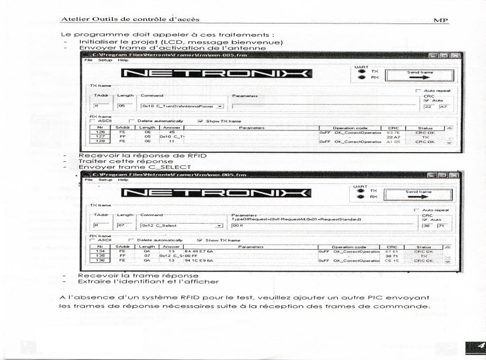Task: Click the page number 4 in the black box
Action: pyautogui.click(x=478, y=346)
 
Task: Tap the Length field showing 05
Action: pyautogui.click(x=124, y=106)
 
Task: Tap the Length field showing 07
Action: pyautogui.click(x=124, y=226)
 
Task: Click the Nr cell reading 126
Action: pyautogui.click(x=99, y=132)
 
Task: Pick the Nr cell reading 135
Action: pyautogui.click(x=99, y=256)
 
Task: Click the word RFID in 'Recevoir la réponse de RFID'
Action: pyautogui.click(x=195, y=155)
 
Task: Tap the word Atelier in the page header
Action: pyautogui.click(x=73, y=19)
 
